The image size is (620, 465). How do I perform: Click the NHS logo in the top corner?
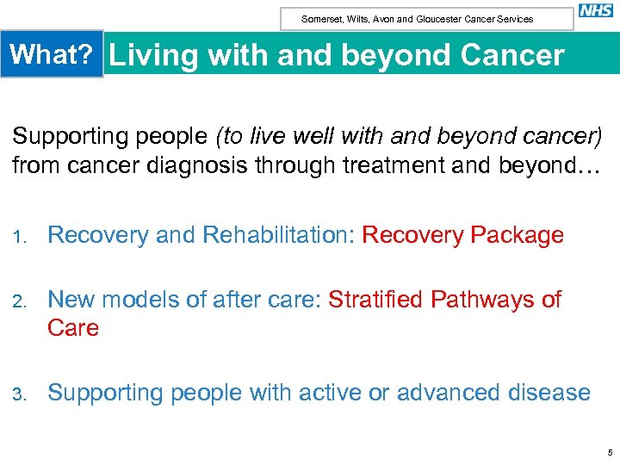tap(595, 11)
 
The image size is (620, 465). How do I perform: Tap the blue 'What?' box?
tap(52, 55)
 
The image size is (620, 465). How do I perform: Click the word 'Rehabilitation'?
tap(273, 235)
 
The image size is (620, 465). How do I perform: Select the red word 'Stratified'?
tap(375, 300)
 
